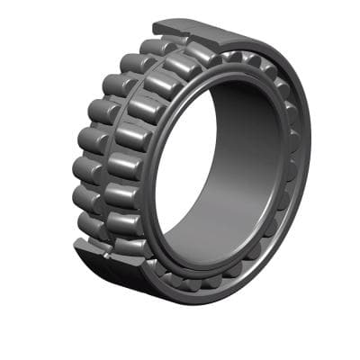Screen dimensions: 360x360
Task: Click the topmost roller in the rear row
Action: pos(157,47)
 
